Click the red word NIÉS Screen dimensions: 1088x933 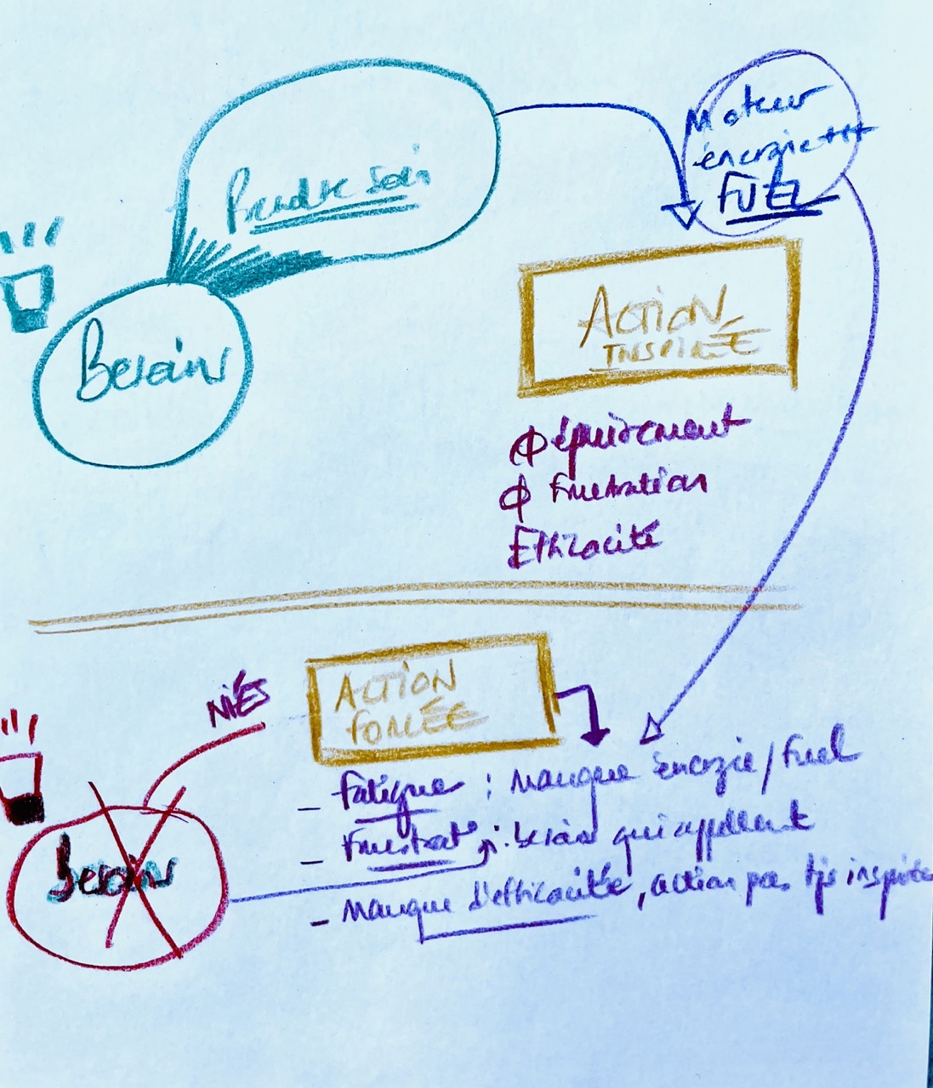[x=239, y=701]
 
